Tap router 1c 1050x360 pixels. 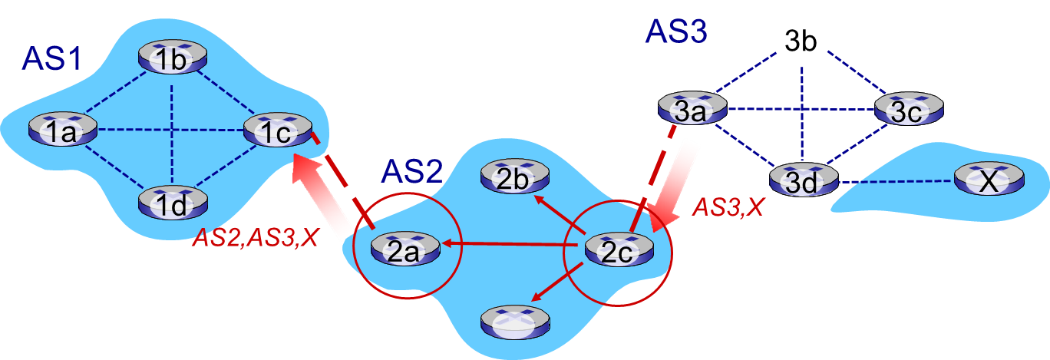(277, 131)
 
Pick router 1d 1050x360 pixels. (173, 203)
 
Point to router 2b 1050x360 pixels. (513, 179)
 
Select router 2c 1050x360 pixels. (619, 250)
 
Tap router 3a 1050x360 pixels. (692, 109)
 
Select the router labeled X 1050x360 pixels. (989, 180)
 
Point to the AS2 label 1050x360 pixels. (411, 170)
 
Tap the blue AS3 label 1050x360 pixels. (675, 31)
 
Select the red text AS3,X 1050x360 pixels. (728, 208)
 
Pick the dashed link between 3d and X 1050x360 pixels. (895, 182)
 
